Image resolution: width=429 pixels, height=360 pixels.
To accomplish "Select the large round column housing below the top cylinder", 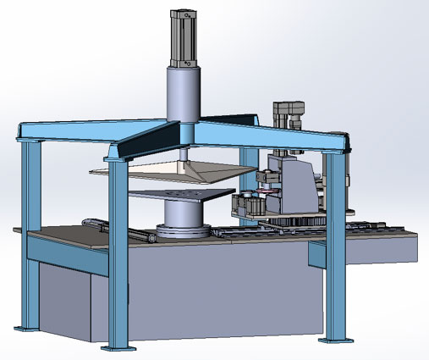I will click(184, 92).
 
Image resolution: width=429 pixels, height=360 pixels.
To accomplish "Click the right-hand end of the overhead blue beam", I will click(343, 140).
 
